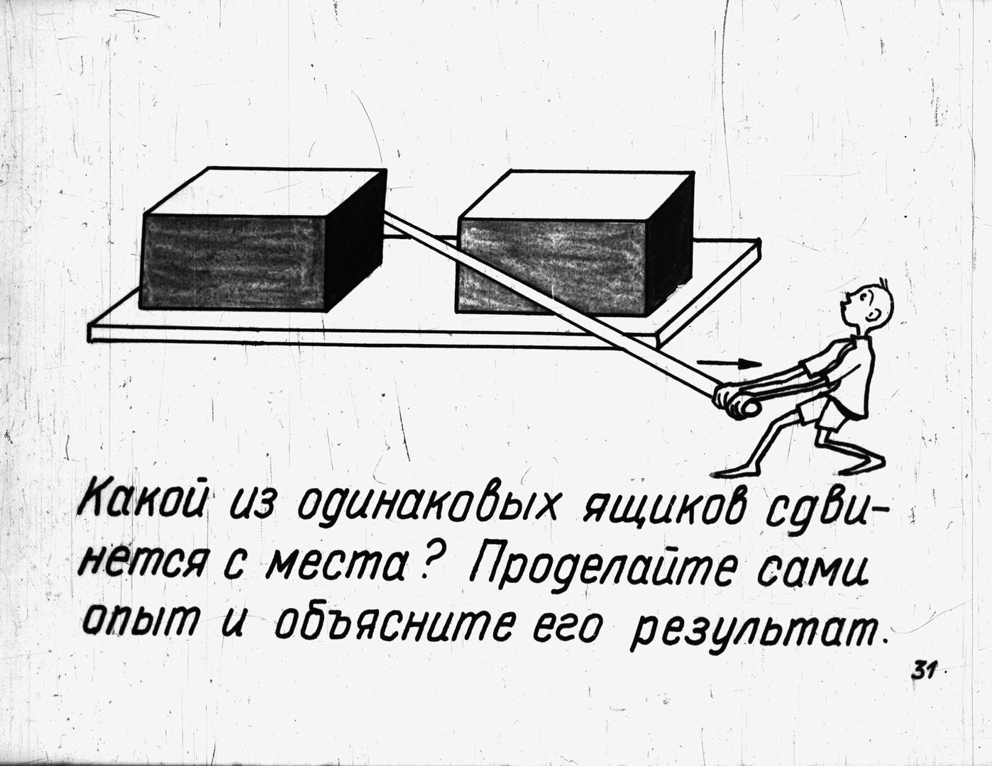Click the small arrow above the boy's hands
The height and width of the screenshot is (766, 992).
[729, 364]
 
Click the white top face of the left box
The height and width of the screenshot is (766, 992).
[265, 192]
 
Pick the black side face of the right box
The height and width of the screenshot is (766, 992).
[670, 245]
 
